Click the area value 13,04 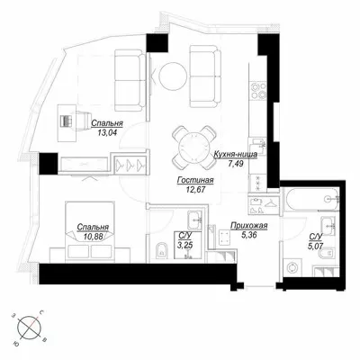[107, 132]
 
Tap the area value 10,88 [94, 237]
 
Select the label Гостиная [195, 180]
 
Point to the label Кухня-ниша [235, 155]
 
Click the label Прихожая [248, 226]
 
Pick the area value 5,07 [316, 247]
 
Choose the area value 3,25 [184, 245]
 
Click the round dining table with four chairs [194, 148]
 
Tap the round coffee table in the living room [172, 76]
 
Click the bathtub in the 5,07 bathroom [311, 199]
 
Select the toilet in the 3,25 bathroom [162, 250]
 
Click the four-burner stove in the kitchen [258, 90]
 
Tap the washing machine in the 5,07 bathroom [292, 267]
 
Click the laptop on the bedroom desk [67, 121]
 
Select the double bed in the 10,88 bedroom [90, 229]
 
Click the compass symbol [29, 328]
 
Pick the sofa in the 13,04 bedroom [130, 80]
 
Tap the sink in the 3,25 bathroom [195, 220]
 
